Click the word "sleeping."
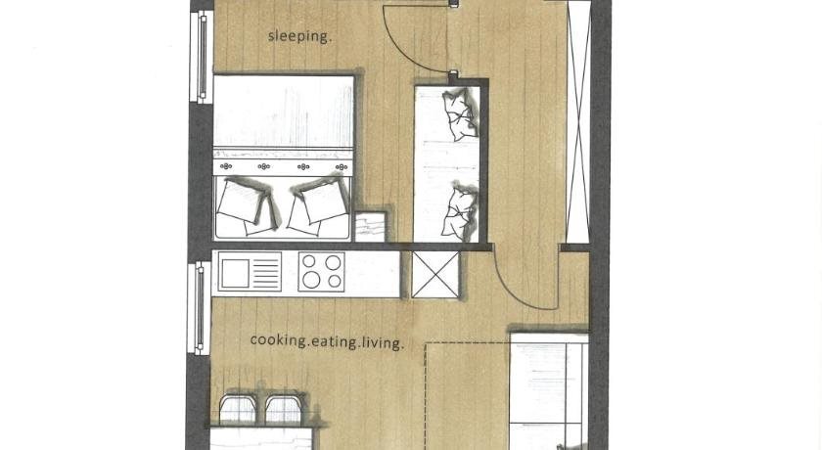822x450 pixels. point(299,36)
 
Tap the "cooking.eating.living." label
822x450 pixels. point(327,341)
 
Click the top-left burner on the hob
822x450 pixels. point(309,261)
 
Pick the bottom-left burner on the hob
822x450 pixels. point(311,280)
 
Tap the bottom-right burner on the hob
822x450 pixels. point(335,282)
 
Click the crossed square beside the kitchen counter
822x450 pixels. point(435,275)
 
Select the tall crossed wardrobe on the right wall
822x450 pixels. point(578,121)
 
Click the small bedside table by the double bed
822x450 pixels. point(371,226)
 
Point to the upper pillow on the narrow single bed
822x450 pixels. point(460,114)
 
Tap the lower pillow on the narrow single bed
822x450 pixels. point(460,211)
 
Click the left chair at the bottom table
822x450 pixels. point(238,409)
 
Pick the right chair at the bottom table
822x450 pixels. point(284,409)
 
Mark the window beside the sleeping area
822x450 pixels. point(202,57)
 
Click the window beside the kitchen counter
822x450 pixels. point(200,308)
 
